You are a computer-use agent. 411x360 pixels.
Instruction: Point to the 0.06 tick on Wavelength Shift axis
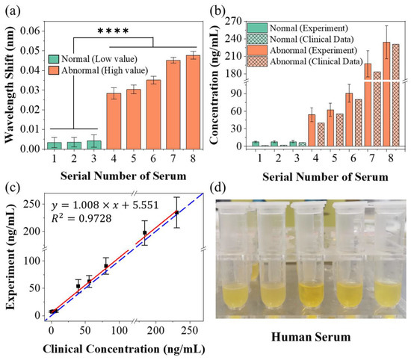[34, 30]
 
